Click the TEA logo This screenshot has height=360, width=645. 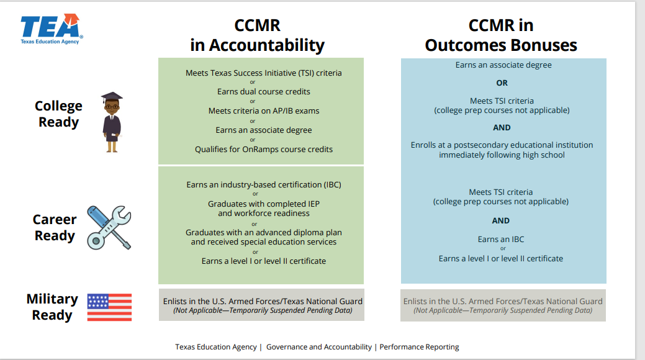51,29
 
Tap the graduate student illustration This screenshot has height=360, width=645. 112,122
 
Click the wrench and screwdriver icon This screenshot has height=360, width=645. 109,228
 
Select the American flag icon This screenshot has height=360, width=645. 109,307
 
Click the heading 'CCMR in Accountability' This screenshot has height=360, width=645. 257,35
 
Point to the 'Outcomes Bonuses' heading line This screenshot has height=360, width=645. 500,45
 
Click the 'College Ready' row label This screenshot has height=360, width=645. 58,114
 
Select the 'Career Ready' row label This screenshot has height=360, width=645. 55,228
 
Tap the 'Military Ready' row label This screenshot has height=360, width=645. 52,307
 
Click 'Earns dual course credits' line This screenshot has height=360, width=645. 264,91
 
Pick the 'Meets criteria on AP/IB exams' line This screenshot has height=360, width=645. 264,110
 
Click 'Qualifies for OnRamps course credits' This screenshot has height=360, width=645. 264,149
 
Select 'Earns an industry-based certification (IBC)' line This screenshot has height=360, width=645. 264,184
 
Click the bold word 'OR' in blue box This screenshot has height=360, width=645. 502,83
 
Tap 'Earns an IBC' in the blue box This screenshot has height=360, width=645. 501,239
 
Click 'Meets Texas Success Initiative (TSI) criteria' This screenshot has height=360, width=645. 264,73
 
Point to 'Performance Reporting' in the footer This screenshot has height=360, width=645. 419,347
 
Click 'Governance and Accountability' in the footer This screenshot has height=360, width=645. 318,347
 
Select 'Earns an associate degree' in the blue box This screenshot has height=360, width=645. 503,65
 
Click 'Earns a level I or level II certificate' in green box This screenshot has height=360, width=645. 264,261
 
